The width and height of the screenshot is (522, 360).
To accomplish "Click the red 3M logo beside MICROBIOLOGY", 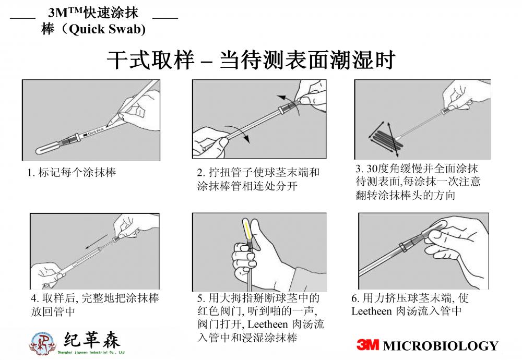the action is coord(367,345).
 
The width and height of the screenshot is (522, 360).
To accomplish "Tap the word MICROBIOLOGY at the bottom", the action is coord(441,346).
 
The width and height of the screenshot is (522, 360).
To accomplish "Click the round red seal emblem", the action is coord(43,343).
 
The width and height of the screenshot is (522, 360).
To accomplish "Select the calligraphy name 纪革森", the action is coord(91,340).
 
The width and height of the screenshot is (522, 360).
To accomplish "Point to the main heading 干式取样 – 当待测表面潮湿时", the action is coord(251,60).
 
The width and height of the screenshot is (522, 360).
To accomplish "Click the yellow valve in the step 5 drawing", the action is coord(247,230).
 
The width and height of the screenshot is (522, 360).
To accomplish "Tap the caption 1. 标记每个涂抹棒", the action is coord(72,172).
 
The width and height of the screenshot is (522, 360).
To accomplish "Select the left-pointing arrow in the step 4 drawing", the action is coord(96,242).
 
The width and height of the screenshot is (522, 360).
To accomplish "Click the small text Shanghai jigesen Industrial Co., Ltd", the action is coord(91,352).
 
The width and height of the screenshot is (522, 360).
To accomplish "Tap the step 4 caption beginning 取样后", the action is coord(95,305).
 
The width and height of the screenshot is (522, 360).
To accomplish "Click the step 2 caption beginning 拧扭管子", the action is coord(258,179).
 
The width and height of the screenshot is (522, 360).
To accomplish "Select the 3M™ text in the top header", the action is coord(65,13).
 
